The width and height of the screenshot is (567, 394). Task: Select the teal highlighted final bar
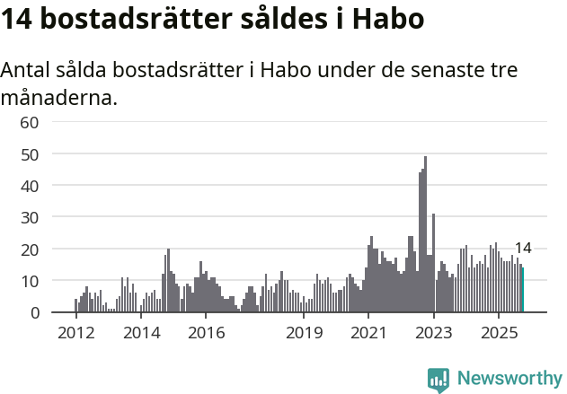(x=523, y=290)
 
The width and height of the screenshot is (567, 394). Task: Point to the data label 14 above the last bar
(x=523, y=249)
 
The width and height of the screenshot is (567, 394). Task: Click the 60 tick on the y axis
(x=30, y=122)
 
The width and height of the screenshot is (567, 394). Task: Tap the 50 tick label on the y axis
(x=30, y=154)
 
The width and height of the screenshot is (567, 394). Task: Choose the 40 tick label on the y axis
(x=30, y=186)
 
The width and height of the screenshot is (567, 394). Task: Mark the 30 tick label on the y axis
(x=30, y=217)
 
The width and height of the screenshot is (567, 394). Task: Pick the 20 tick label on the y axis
(x=30, y=250)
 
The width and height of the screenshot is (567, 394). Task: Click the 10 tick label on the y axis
(x=30, y=281)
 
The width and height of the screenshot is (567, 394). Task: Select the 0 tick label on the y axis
(x=34, y=313)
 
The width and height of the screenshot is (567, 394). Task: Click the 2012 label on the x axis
(x=75, y=334)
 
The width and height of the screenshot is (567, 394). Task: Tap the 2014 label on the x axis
(x=140, y=334)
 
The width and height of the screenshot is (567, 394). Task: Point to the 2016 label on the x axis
(x=206, y=334)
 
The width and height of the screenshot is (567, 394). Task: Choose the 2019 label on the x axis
(x=304, y=334)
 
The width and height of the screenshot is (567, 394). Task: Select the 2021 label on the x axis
(x=368, y=334)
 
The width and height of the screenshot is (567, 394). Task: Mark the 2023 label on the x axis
(x=434, y=334)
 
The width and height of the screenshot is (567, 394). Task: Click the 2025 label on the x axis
(x=499, y=334)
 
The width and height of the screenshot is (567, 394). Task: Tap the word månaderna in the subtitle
(x=59, y=97)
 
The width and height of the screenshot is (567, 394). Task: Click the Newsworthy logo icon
(x=439, y=380)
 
